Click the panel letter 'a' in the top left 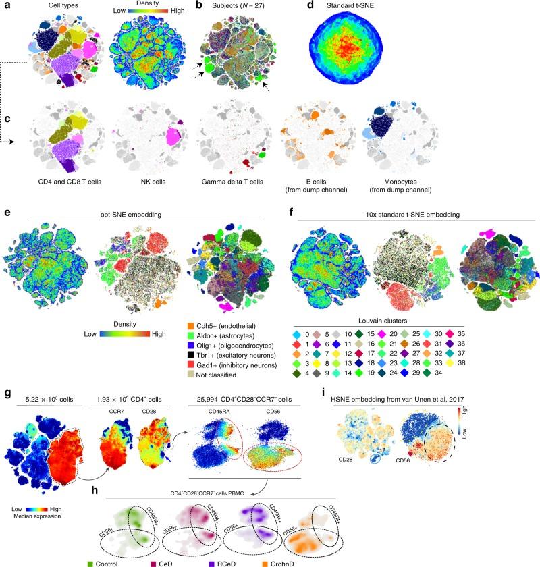click(5, 6)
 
